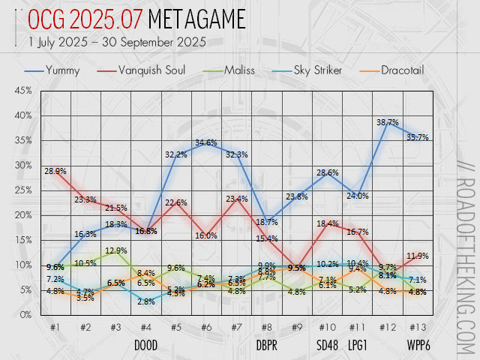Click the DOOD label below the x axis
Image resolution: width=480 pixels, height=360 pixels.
(145, 346)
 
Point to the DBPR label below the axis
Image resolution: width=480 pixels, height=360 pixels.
(266, 346)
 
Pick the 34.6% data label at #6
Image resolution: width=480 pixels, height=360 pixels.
(205, 142)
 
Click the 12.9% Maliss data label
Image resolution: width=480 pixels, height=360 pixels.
(116, 250)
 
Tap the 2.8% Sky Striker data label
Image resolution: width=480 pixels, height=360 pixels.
(145, 301)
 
